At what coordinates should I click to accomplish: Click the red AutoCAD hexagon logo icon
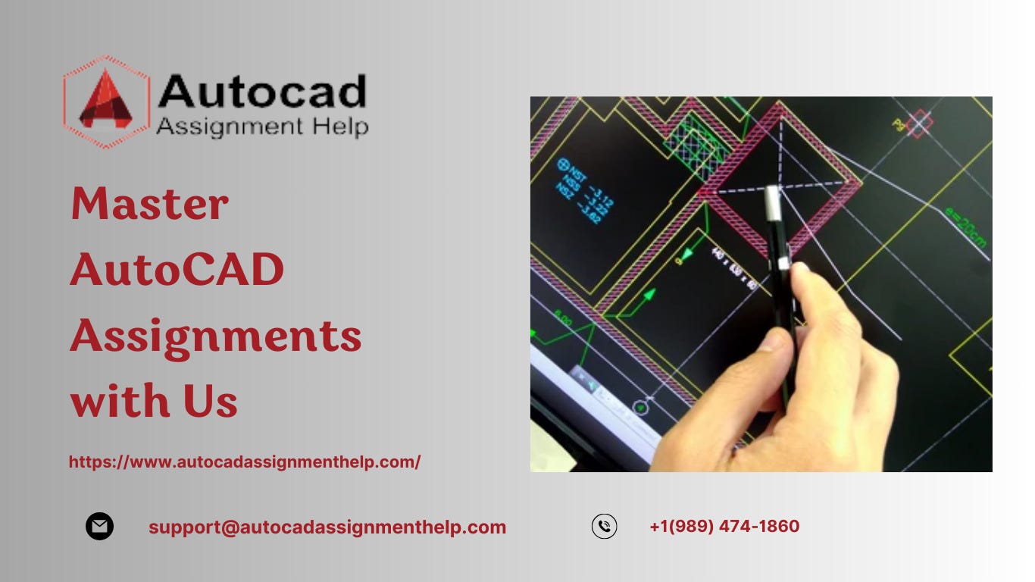pyautogui.click(x=105, y=102)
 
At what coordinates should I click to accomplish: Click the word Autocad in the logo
pyautogui.click(x=262, y=92)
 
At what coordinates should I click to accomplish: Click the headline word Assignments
pyautogui.click(x=216, y=336)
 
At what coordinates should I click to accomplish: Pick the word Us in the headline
pyautogui.click(x=210, y=401)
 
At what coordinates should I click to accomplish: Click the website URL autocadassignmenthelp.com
pyautogui.click(x=245, y=462)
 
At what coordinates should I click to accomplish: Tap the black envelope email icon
pyautogui.click(x=99, y=526)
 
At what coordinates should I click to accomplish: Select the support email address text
pyautogui.click(x=327, y=527)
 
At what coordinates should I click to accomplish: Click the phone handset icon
pyautogui.click(x=604, y=526)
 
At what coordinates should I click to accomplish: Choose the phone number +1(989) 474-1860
pyautogui.click(x=724, y=526)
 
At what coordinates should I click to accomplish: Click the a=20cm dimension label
pyautogui.click(x=967, y=227)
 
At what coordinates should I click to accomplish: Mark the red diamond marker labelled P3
pyautogui.click(x=919, y=124)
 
